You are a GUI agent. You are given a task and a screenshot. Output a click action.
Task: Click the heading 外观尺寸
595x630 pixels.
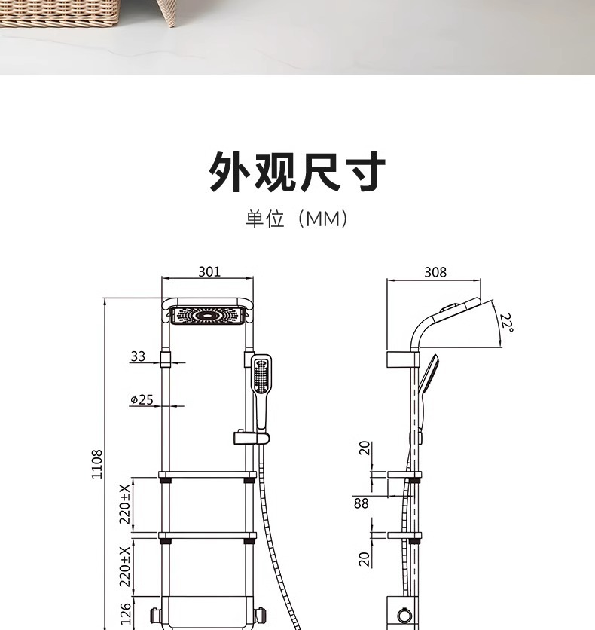(x=297, y=172)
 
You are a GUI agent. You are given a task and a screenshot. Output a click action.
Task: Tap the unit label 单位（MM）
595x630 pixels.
(x=297, y=219)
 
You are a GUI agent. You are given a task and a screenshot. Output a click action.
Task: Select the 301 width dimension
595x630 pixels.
(x=209, y=271)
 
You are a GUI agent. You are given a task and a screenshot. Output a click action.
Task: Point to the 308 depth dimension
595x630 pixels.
(x=435, y=272)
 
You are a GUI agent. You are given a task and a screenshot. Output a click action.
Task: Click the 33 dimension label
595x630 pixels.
(x=138, y=356)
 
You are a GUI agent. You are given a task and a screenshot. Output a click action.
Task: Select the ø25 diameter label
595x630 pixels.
(x=141, y=399)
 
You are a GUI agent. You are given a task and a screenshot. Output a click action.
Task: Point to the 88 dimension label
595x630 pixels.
(x=362, y=503)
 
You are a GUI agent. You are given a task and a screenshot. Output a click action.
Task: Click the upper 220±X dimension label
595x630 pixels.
(x=126, y=503)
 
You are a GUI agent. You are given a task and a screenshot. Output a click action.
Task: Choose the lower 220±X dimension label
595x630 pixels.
(x=126, y=566)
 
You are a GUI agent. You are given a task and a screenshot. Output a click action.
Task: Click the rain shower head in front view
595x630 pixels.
(x=208, y=315)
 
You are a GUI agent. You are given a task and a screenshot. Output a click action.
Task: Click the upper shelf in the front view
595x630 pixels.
(x=207, y=475)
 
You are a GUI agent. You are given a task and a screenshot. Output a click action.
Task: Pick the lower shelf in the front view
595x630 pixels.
(x=207, y=537)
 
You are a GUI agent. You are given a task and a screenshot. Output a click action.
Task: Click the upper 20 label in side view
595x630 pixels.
(x=365, y=448)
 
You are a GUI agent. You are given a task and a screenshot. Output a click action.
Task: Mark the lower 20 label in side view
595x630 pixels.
(x=365, y=558)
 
